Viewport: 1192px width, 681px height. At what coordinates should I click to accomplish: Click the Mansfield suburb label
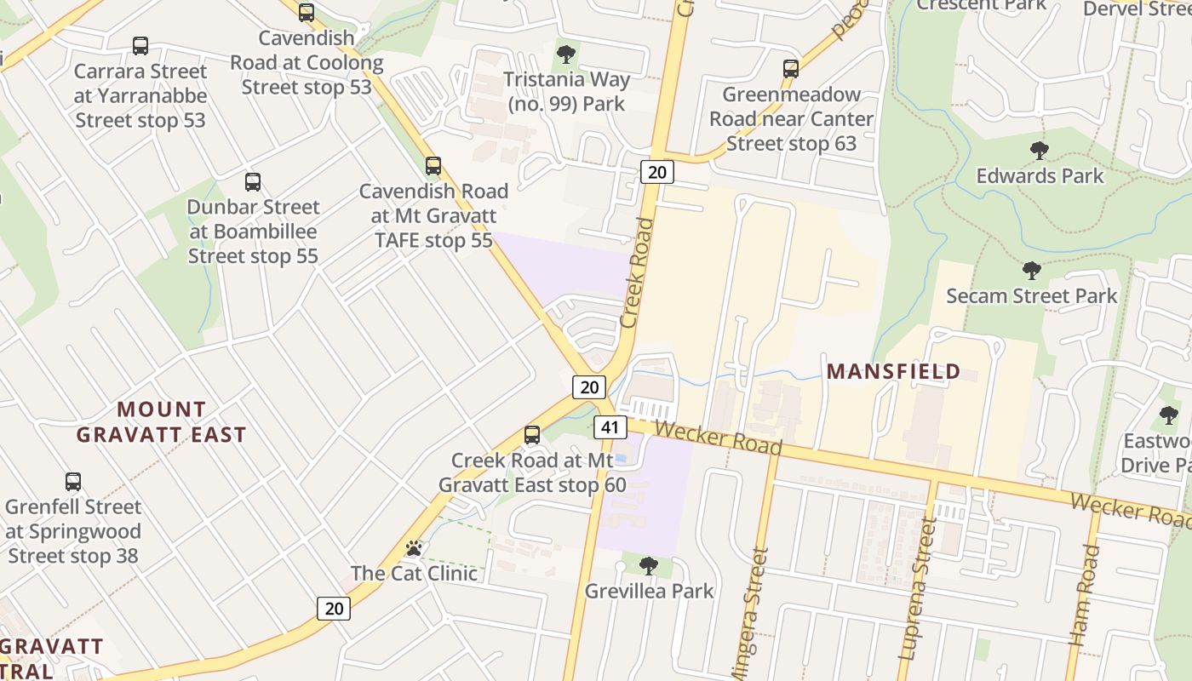[x=893, y=372]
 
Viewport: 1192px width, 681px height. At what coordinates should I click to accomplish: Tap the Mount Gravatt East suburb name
[x=161, y=422]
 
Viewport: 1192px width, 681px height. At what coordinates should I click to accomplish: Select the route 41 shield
[x=609, y=426]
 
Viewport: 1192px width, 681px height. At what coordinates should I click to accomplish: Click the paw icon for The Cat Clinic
[x=414, y=548]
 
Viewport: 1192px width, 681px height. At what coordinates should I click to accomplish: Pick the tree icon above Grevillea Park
[x=648, y=565]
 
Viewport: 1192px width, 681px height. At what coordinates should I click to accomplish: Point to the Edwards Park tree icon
[x=1039, y=151]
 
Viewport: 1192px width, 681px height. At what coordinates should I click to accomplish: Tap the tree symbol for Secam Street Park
[x=1031, y=271]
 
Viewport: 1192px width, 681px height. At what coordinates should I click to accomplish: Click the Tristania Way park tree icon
[x=565, y=54]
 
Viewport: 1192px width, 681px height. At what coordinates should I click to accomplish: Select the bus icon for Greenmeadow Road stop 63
[x=791, y=69]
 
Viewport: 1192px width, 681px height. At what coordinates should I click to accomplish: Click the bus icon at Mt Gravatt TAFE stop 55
[x=433, y=166]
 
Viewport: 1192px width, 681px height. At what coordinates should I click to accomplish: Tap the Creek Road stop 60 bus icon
[x=532, y=435]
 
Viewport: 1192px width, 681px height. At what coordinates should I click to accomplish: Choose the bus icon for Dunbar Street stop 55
[x=252, y=181]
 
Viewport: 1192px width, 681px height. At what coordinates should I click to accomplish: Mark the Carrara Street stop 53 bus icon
[x=140, y=46]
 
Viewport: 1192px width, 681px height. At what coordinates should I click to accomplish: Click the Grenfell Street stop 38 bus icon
[x=73, y=482]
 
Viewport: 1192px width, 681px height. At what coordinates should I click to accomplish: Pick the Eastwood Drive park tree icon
[x=1168, y=415]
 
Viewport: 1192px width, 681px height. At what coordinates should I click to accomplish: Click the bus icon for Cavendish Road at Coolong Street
[x=307, y=13]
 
